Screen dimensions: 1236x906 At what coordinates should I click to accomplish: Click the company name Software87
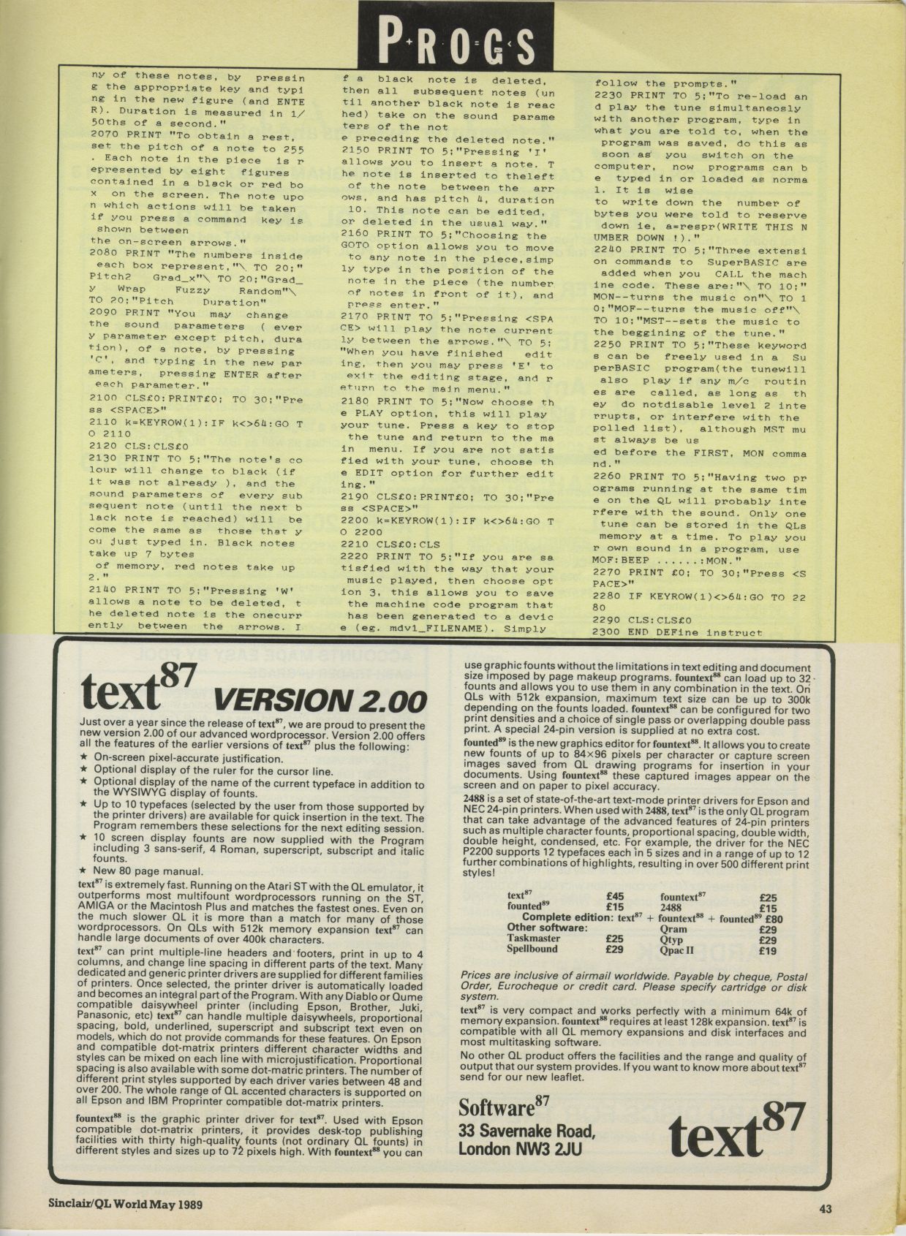pos(505,1107)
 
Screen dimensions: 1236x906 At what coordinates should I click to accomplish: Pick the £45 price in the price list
pos(615,896)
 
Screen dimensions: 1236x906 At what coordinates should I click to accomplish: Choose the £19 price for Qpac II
pos(768,951)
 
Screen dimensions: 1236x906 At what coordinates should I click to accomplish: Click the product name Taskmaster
pos(534,939)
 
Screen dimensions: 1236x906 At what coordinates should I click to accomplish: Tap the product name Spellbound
pos(532,949)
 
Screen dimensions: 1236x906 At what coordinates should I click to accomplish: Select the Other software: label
pos(548,928)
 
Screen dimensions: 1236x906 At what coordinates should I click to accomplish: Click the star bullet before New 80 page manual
pos(84,871)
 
